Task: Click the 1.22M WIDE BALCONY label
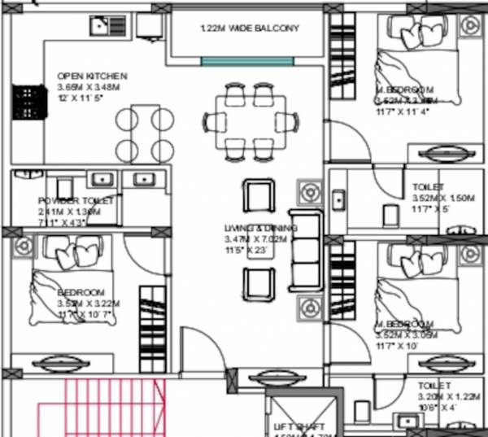(x=250, y=28)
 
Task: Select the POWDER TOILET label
(x=76, y=200)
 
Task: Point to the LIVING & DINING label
(x=260, y=228)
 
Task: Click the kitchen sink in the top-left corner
(x=100, y=28)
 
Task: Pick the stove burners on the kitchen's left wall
(x=24, y=101)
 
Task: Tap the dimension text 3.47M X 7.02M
(x=260, y=239)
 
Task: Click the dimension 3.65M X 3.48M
(x=88, y=86)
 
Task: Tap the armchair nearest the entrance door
(x=257, y=282)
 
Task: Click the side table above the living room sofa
(x=309, y=194)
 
